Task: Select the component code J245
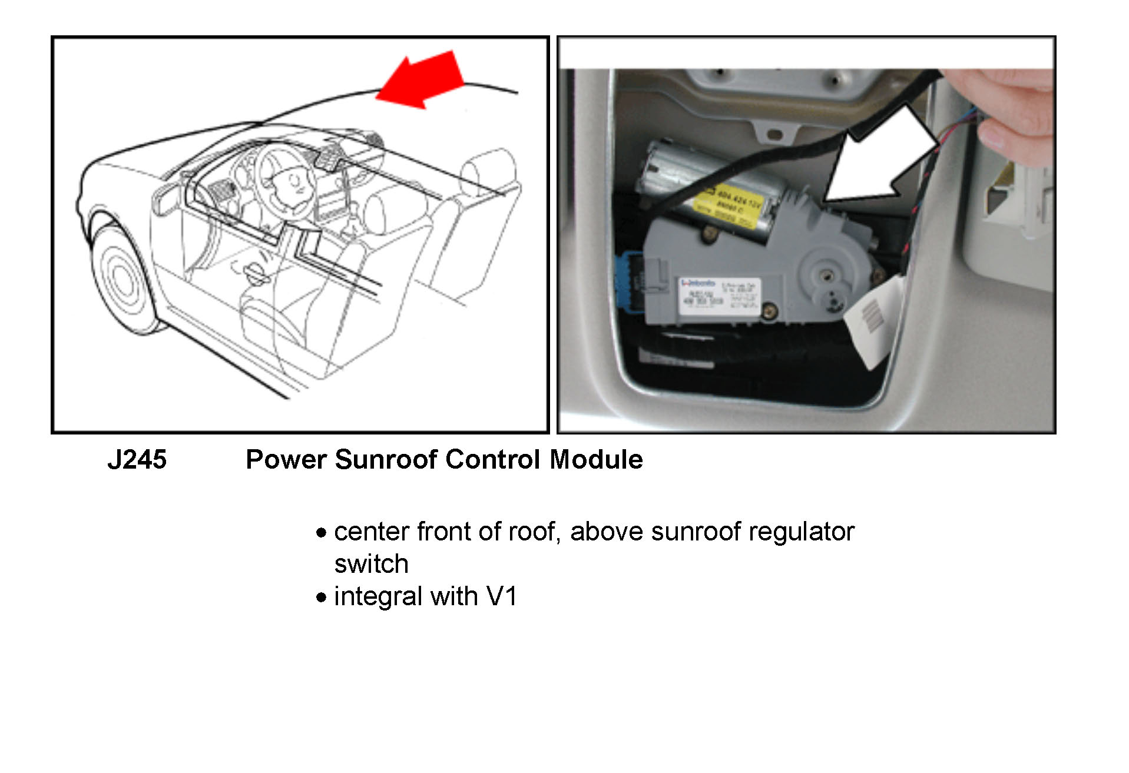pyautogui.click(x=137, y=460)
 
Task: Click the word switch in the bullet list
pyautogui.click(x=371, y=564)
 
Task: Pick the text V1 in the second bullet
pyautogui.click(x=502, y=596)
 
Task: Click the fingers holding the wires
pyautogui.click(x=1013, y=112)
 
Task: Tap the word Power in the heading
pyautogui.click(x=285, y=460)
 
